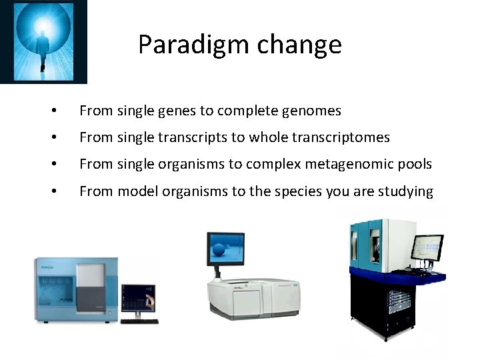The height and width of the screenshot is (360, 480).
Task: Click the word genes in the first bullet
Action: [175, 111]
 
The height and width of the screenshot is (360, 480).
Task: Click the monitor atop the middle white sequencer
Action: [227, 249]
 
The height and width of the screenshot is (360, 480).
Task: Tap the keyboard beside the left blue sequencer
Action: [140, 321]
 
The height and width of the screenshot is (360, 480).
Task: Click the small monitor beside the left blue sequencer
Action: [141, 297]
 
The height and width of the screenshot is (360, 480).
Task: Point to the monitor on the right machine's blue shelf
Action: [426, 249]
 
